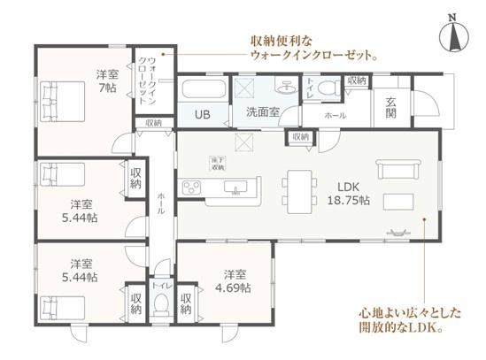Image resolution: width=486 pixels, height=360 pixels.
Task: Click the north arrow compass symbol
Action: coord(451,38)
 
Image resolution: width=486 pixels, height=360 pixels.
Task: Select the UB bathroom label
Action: coord(203,115)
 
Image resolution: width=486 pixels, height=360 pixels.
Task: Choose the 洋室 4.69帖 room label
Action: coord(236,280)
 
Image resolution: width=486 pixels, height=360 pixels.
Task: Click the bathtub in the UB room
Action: coord(203,92)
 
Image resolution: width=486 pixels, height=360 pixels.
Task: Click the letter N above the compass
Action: coord(451,17)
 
